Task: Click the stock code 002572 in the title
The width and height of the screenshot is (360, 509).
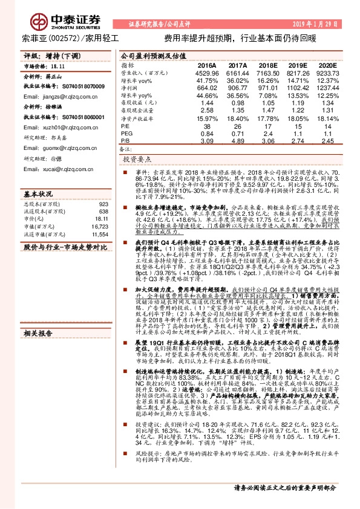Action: [x=67, y=37]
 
